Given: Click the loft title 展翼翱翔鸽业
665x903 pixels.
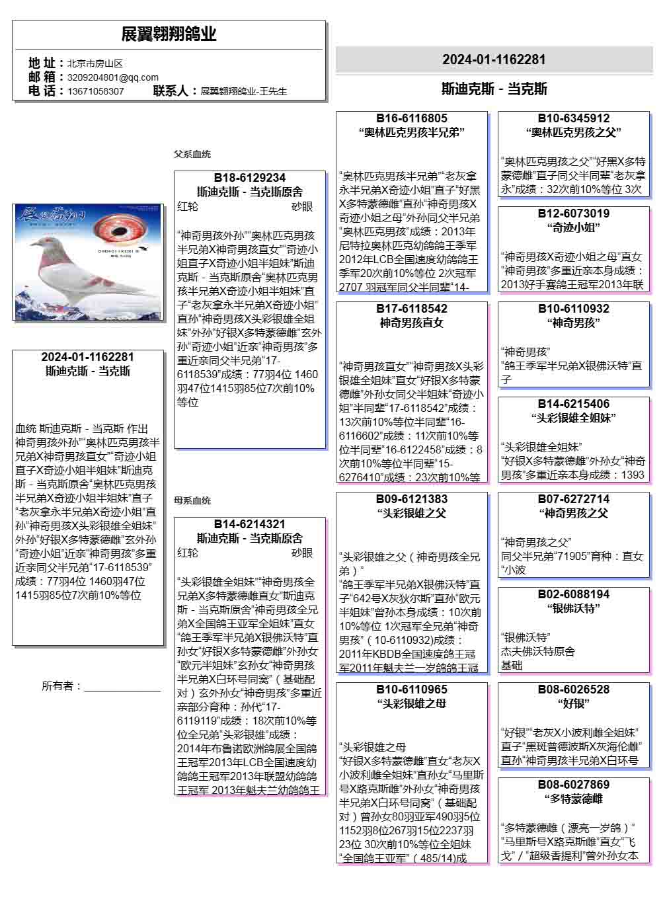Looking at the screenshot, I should (169, 34).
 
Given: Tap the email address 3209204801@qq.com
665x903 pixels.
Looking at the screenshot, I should (113, 77).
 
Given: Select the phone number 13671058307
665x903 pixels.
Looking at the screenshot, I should (96, 91).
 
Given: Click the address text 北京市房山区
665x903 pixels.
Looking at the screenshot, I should (95, 63).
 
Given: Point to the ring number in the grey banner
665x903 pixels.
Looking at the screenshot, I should (494, 59).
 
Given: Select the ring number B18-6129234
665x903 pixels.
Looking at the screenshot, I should (250, 178).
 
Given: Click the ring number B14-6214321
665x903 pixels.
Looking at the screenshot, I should (250, 524).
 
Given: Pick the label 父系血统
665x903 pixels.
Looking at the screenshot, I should (192, 154).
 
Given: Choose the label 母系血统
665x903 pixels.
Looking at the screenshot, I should (192, 500).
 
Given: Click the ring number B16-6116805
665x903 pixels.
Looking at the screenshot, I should (412, 118).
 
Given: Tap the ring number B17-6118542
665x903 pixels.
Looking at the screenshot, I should (412, 309).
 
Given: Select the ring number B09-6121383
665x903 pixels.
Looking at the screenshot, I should (412, 499).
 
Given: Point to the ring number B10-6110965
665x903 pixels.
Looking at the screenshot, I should (412, 689).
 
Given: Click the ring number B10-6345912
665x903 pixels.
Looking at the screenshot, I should (574, 118).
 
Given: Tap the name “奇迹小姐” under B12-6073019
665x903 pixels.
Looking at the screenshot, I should (574, 227).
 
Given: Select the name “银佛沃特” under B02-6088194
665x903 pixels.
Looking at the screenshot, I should (574, 608).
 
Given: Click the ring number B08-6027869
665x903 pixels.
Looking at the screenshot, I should (574, 785).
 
